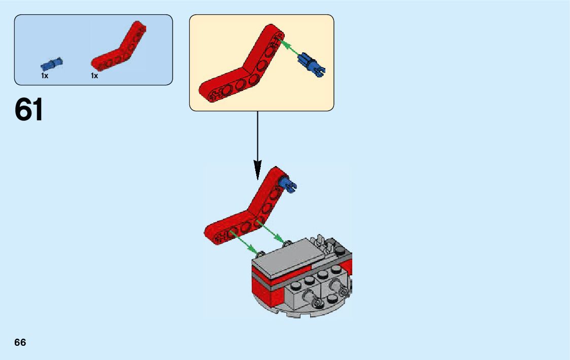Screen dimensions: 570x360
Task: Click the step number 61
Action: pyautogui.click(x=29, y=110)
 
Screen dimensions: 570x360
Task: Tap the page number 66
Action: pyautogui.click(x=20, y=342)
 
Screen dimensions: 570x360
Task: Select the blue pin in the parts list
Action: pyautogui.click(x=52, y=64)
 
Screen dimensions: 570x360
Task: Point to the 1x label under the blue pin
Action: pyautogui.click(x=45, y=76)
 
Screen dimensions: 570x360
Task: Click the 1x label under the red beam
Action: pyautogui.click(x=94, y=76)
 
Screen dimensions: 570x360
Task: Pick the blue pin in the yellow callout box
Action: pyautogui.click(x=312, y=63)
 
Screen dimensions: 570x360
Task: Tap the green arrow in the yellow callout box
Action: pyautogui.click(x=289, y=49)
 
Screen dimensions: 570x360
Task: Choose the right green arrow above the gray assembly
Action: pyautogui.click(x=270, y=232)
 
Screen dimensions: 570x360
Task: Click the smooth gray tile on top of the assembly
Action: pyautogui.click(x=289, y=256)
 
